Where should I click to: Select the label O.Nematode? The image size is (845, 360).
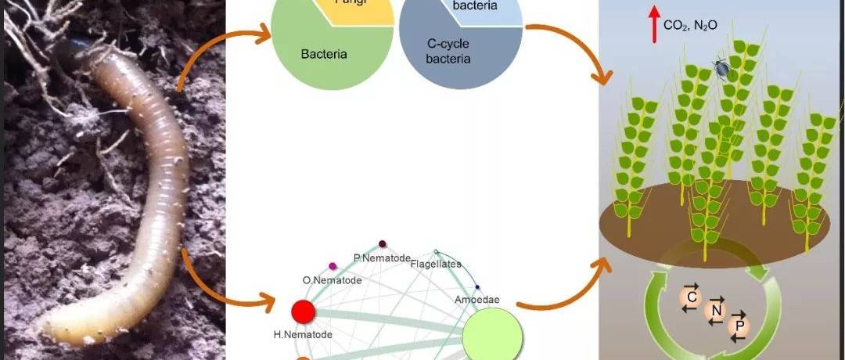pyautogui.click(x=332, y=279)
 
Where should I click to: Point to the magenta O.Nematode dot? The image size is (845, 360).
pyautogui.click(x=333, y=267)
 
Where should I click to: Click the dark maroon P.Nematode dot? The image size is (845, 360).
pyautogui.click(x=383, y=244)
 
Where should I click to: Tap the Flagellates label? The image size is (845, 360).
pyautogui.click(x=436, y=264)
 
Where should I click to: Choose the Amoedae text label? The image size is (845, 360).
pyautogui.click(x=476, y=299)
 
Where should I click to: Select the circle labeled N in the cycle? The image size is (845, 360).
pyautogui.click(x=714, y=311)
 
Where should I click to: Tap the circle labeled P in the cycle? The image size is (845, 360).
pyautogui.click(x=738, y=325)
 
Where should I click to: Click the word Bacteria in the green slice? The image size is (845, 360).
pyautogui.click(x=324, y=55)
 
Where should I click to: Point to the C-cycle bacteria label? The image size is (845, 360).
pyautogui.click(x=448, y=51)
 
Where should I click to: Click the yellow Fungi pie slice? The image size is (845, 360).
pyautogui.click(x=352, y=9)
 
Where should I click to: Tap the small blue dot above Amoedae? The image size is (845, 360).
pyautogui.click(x=477, y=287)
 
